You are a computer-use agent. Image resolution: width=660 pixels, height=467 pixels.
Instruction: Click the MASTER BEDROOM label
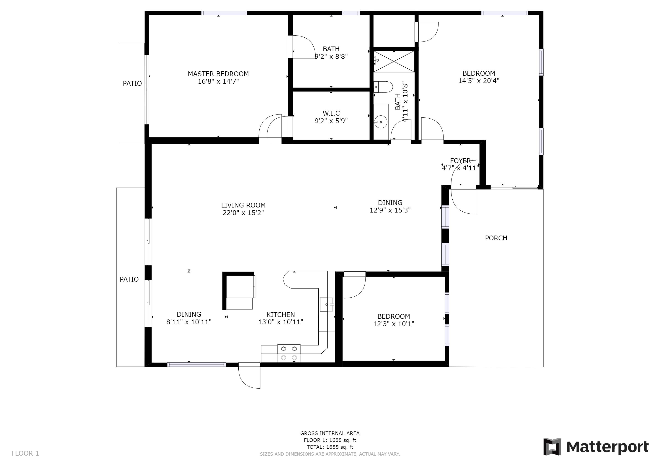(x=218, y=74)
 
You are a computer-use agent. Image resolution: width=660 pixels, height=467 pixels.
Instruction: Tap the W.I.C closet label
(x=331, y=113)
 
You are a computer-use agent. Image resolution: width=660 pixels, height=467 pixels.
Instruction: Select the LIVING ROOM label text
(x=243, y=205)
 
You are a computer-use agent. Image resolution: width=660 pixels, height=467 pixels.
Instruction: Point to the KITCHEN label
(x=281, y=315)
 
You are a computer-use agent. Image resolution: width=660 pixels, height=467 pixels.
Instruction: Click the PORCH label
(x=496, y=238)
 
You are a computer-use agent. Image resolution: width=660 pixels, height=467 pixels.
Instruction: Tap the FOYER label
(x=461, y=161)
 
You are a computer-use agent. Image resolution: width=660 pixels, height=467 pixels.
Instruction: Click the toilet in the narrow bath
(x=383, y=87)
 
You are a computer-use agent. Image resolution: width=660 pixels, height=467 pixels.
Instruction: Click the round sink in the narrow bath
(x=381, y=121)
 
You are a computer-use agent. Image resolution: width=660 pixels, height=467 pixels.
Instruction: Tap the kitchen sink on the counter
(x=327, y=304)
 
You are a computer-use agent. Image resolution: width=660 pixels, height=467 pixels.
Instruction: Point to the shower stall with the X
(x=394, y=61)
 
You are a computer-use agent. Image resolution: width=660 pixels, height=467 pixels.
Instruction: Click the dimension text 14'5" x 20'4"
(x=479, y=81)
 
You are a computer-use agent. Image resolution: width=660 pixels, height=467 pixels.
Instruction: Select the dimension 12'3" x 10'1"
(x=394, y=324)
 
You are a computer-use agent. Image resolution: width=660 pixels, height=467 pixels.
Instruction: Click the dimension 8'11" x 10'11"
(x=189, y=322)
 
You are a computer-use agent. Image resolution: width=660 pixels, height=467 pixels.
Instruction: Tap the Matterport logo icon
(x=552, y=446)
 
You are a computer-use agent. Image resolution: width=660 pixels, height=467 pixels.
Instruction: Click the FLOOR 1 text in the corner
(x=25, y=454)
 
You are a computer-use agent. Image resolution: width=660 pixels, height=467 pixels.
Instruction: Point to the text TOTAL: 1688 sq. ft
(x=330, y=447)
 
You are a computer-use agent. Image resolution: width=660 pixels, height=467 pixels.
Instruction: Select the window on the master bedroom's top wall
(x=224, y=13)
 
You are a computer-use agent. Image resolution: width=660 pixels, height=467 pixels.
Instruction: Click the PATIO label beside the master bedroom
(x=132, y=83)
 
